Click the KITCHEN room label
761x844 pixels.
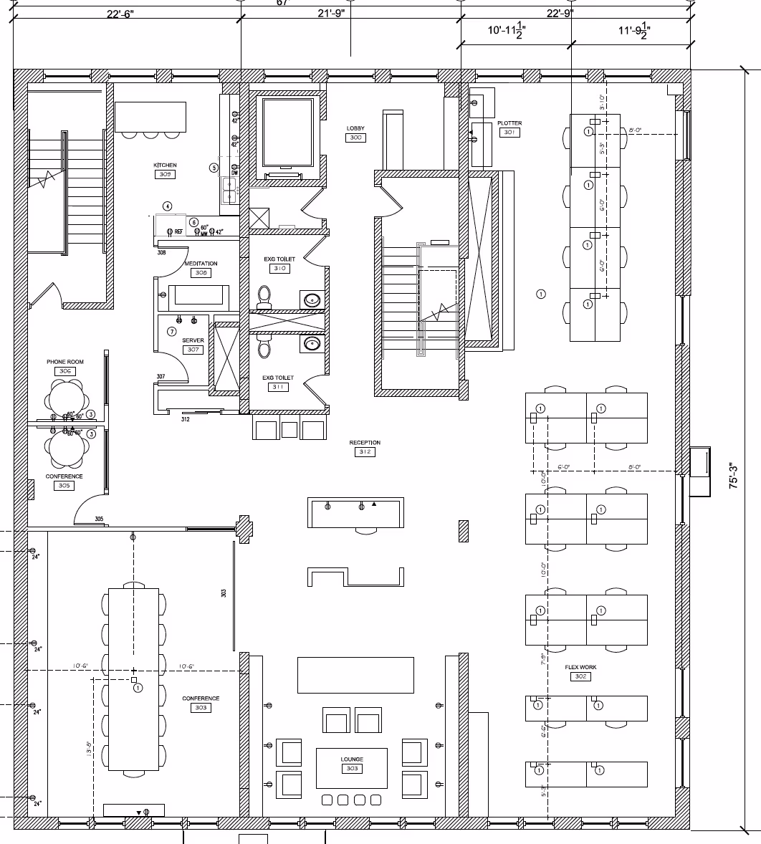point(165,166)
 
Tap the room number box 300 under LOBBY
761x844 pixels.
point(355,138)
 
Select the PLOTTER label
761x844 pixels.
point(509,123)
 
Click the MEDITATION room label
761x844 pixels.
point(201,264)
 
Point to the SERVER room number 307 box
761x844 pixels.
point(193,350)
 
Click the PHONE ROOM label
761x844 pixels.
point(65,362)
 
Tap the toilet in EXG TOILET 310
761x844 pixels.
point(264,296)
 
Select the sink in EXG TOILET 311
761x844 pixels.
point(312,345)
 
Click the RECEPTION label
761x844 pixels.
point(365,443)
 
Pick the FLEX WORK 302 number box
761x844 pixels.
point(580,676)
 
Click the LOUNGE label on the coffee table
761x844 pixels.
point(352,759)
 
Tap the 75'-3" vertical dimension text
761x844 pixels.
point(733,476)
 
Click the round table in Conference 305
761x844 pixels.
point(66,448)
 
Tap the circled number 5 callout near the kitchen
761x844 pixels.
point(214,168)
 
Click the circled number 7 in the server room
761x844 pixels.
point(171,332)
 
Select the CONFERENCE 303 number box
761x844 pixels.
point(201,708)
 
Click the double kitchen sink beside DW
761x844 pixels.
point(230,191)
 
